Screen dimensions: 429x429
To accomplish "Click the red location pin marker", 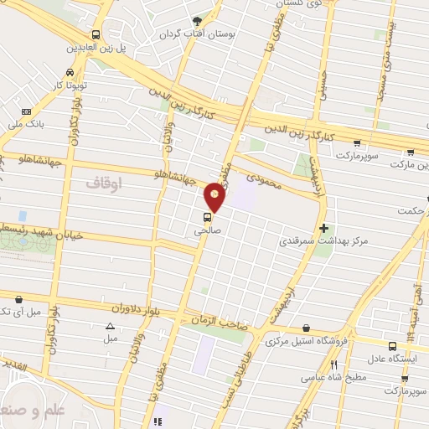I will click(215, 197).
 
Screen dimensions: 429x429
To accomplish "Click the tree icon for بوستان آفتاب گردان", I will click(197, 20).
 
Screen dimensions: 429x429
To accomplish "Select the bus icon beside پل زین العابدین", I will click(96, 35).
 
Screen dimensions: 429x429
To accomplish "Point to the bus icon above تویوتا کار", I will click(67, 73).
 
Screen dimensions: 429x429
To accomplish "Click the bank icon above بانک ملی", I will click(27, 111).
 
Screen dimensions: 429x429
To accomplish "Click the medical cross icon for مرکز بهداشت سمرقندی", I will click(323, 229).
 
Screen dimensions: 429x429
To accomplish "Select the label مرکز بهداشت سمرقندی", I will click(323, 241).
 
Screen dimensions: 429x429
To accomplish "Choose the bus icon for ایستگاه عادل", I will click(392, 345).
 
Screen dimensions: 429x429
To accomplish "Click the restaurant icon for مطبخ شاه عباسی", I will click(334, 364).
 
